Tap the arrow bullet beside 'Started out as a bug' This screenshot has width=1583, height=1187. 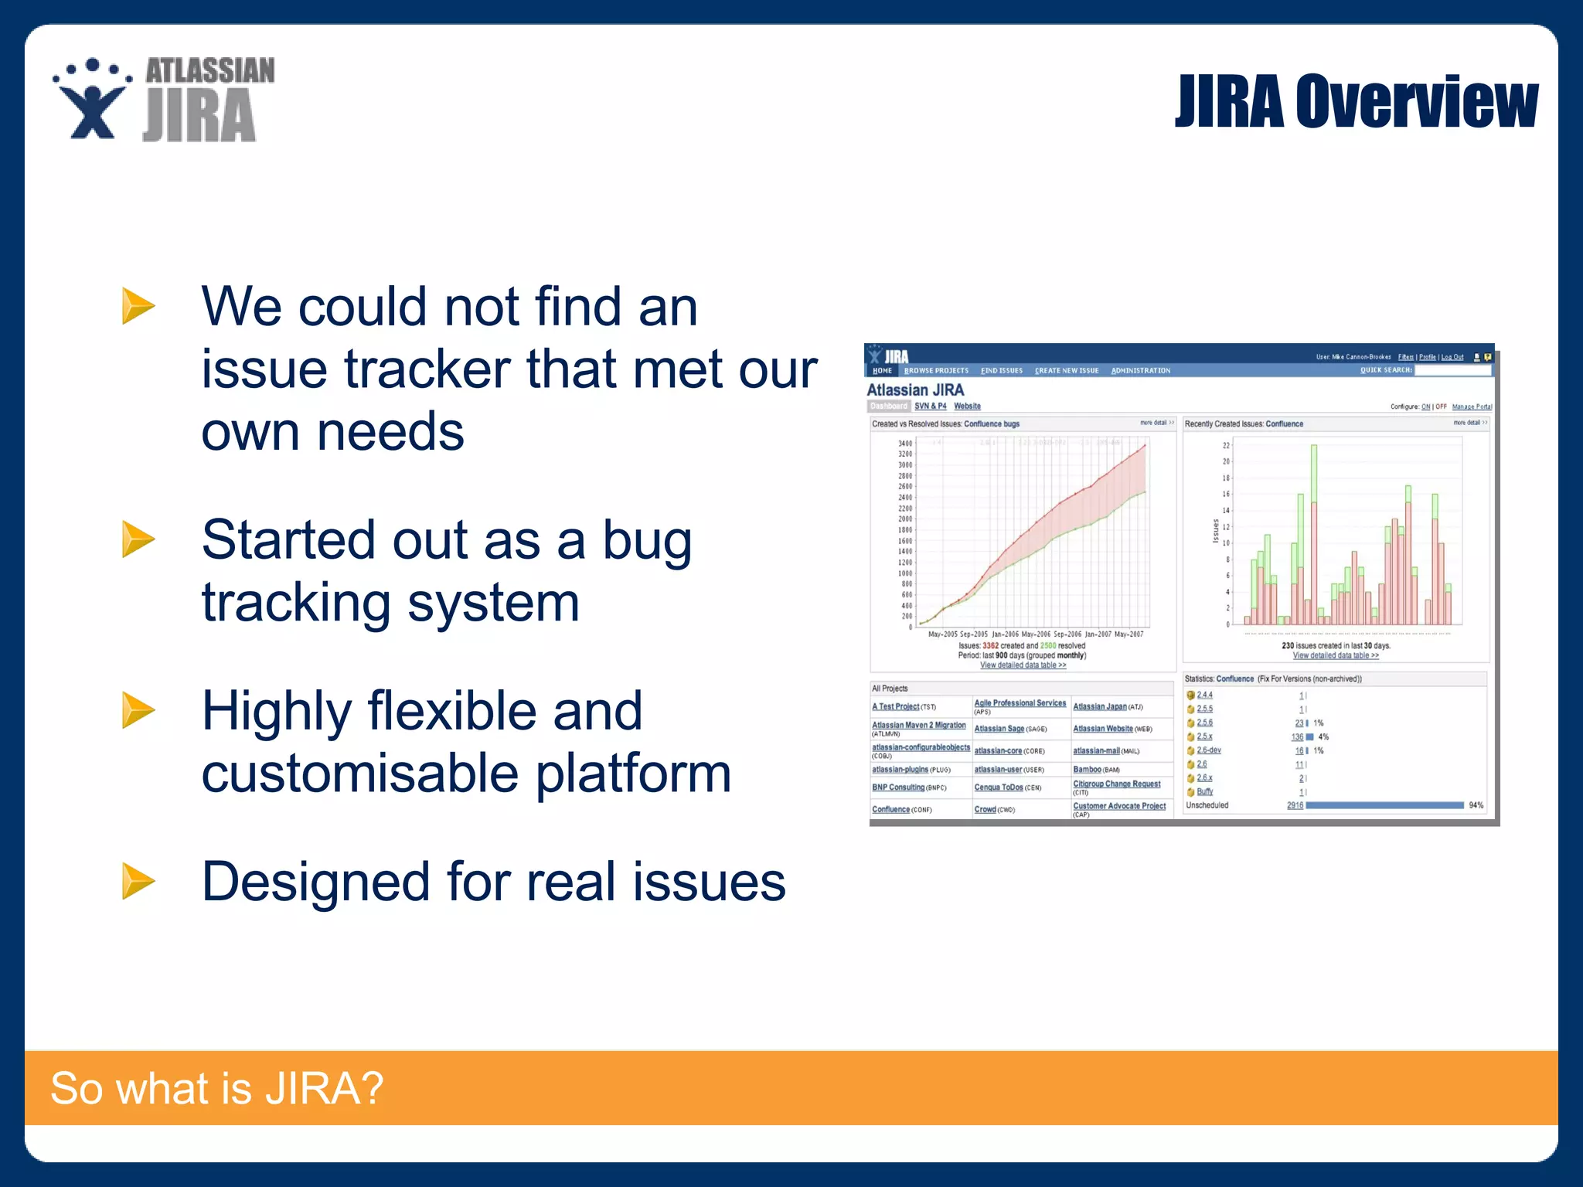pyautogui.click(x=138, y=539)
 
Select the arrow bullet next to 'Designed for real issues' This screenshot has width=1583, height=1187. pyautogui.click(x=138, y=881)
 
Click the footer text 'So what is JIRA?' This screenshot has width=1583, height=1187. pyautogui.click(x=216, y=1088)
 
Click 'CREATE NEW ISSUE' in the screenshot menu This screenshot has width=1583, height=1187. pyautogui.click(x=1067, y=371)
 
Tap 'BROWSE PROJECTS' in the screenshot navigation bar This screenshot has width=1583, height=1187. pyautogui.click(x=936, y=371)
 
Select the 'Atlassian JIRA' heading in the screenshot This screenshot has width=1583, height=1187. pyautogui.click(x=915, y=390)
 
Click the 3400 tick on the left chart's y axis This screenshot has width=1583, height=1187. pyautogui.click(x=905, y=444)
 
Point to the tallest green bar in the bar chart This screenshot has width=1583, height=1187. pyautogui.click(x=1314, y=471)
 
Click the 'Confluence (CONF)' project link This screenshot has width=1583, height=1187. pyautogui.click(x=891, y=810)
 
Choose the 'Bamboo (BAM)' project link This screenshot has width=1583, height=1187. pyautogui.click(x=1087, y=770)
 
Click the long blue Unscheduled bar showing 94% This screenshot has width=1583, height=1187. pyautogui.click(x=1384, y=805)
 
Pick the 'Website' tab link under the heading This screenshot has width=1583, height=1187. pyautogui.click(x=967, y=406)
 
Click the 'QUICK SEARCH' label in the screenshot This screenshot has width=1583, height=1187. pyautogui.click(x=1385, y=370)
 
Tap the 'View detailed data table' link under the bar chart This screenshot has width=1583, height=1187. pyautogui.click(x=1336, y=656)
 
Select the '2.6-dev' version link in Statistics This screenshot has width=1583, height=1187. pyautogui.click(x=1209, y=750)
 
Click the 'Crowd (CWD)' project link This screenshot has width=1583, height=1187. pyautogui.click(x=985, y=810)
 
